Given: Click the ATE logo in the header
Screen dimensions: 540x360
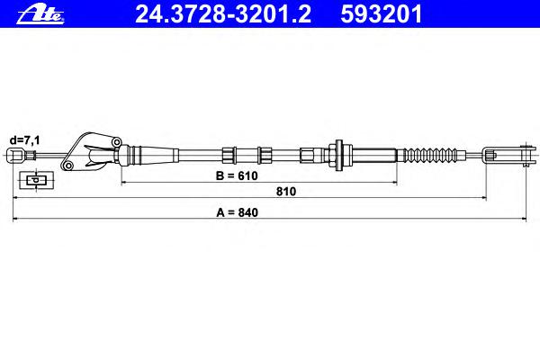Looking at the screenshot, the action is (x=40, y=14).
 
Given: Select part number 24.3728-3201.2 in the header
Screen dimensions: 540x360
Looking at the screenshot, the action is (x=223, y=14).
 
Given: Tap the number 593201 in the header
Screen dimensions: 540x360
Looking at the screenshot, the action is (x=382, y=14).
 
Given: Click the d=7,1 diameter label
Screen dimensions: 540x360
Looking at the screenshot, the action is (x=25, y=140).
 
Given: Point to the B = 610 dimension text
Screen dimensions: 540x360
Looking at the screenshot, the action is (x=237, y=175).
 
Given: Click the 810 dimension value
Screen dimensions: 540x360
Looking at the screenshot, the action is (x=286, y=191).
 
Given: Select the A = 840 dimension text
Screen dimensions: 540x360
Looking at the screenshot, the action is (x=237, y=212).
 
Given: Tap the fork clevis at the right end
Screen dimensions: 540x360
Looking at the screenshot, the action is (x=509, y=155).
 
